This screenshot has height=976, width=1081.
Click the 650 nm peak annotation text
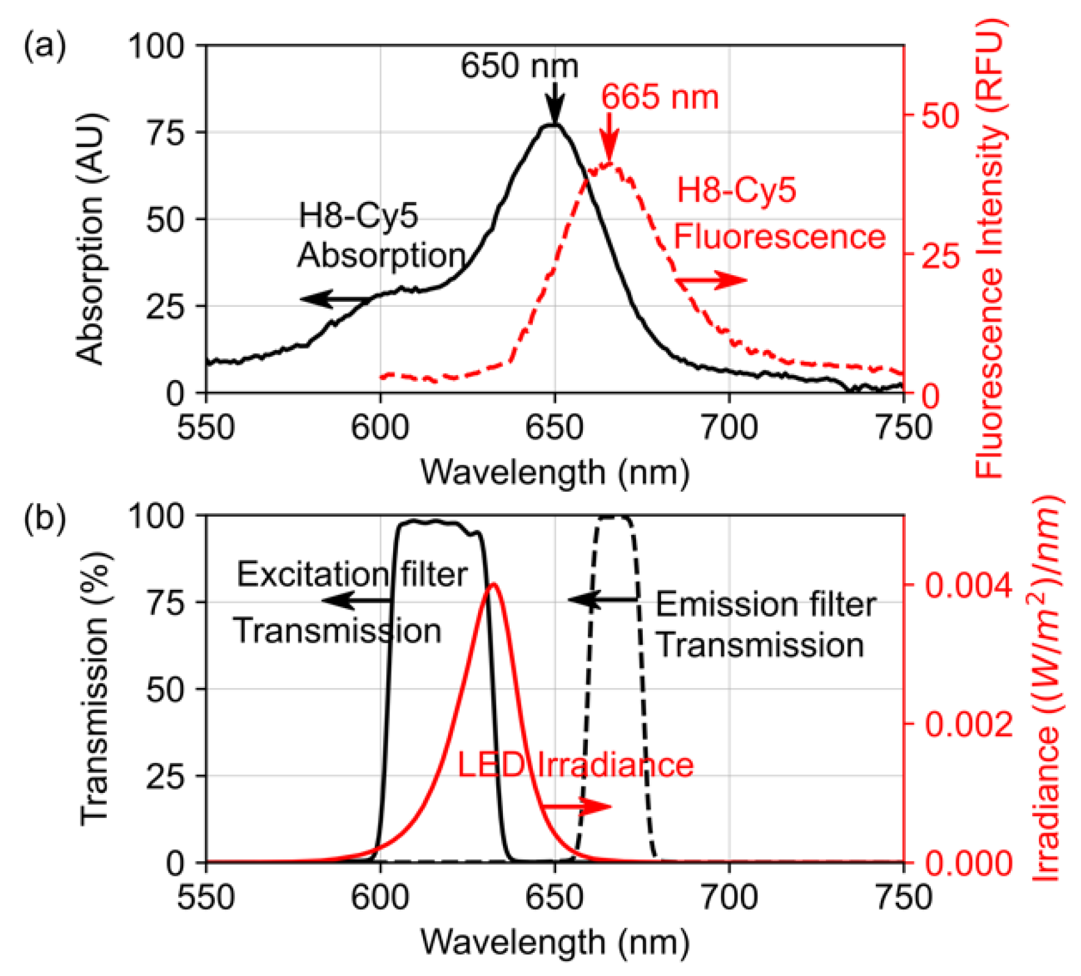click(x=519, y=66)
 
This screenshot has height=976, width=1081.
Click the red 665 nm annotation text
click(x=660, y=98)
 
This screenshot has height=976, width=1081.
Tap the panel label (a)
click(x=45, y=46)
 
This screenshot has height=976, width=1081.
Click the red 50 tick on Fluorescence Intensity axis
click(x=939, y=115)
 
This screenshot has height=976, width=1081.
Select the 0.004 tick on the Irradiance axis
click(x=968, y=585)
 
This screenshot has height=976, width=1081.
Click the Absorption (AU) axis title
click(x=90, y=238)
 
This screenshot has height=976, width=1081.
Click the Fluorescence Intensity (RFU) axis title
click(x=988, y=247)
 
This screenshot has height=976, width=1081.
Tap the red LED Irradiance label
click(x=575, y=765)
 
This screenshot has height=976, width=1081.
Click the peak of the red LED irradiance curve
click(x=493, y=584)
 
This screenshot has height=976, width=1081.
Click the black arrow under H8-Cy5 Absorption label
click(x=336, y=299)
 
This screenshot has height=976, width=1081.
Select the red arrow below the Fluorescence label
click(x=712, y=281)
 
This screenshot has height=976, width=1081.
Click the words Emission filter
click(x=765, y=605)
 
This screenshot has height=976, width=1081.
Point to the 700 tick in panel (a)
click(x=729, y=428)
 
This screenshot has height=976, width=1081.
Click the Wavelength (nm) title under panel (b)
click(x=555, y=942)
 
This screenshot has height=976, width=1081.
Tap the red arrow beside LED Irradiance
click(x=577, y=806)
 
